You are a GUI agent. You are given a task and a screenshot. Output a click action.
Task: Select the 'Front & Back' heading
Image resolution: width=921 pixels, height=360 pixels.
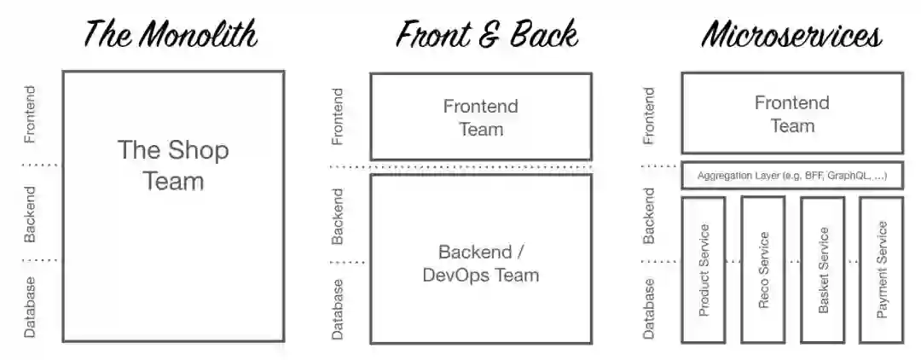486,34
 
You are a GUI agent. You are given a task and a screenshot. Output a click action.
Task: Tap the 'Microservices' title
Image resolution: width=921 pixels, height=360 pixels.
791,34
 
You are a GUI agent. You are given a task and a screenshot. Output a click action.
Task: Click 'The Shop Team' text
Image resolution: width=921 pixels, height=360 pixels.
173,165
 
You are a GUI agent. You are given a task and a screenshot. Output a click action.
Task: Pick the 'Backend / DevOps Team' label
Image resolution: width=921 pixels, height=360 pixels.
480,264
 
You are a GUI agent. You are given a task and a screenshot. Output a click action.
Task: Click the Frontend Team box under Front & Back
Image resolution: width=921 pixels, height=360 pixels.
480,117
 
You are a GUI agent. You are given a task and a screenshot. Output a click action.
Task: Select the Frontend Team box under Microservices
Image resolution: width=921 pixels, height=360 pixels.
791,113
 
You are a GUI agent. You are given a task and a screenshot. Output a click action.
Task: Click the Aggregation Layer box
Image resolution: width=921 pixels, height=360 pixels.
791,176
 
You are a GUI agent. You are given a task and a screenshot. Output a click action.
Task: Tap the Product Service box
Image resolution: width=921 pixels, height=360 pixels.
704,270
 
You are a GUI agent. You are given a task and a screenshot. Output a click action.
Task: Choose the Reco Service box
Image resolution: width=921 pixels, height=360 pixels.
763,270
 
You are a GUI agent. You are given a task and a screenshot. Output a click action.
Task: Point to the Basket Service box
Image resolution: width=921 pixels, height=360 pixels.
823,270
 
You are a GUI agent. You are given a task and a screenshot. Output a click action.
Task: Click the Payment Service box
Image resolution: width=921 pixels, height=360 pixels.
882,270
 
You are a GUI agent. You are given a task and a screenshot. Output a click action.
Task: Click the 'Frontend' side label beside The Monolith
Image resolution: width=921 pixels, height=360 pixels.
31,113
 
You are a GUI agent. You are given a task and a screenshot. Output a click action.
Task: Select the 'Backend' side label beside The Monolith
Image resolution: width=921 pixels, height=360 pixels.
31,214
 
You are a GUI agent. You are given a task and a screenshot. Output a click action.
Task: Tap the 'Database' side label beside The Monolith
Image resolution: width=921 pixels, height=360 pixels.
31,306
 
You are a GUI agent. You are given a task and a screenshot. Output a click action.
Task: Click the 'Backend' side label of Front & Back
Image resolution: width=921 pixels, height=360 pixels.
338,216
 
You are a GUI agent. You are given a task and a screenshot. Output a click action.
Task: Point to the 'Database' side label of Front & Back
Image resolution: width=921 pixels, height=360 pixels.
338,309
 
